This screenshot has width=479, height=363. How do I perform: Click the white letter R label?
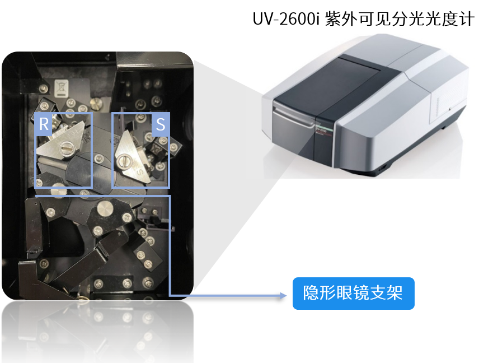[x=44, y=124]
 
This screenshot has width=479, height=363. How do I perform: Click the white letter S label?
[x=161, y=124]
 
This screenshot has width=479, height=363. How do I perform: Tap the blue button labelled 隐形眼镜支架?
[x=354, y=294]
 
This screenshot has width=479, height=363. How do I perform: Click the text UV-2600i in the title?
[x=286, y=19]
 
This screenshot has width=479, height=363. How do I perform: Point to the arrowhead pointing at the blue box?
[x=283, y=295]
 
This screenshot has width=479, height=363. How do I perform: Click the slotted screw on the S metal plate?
[x=124, y=161]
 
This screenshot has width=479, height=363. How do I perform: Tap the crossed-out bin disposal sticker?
[x=61, y=89]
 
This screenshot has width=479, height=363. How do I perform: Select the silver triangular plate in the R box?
[x=61, y=141]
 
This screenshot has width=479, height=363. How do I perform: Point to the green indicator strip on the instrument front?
[x=325, y=127]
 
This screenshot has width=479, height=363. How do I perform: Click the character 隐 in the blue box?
[x=311, y=294]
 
